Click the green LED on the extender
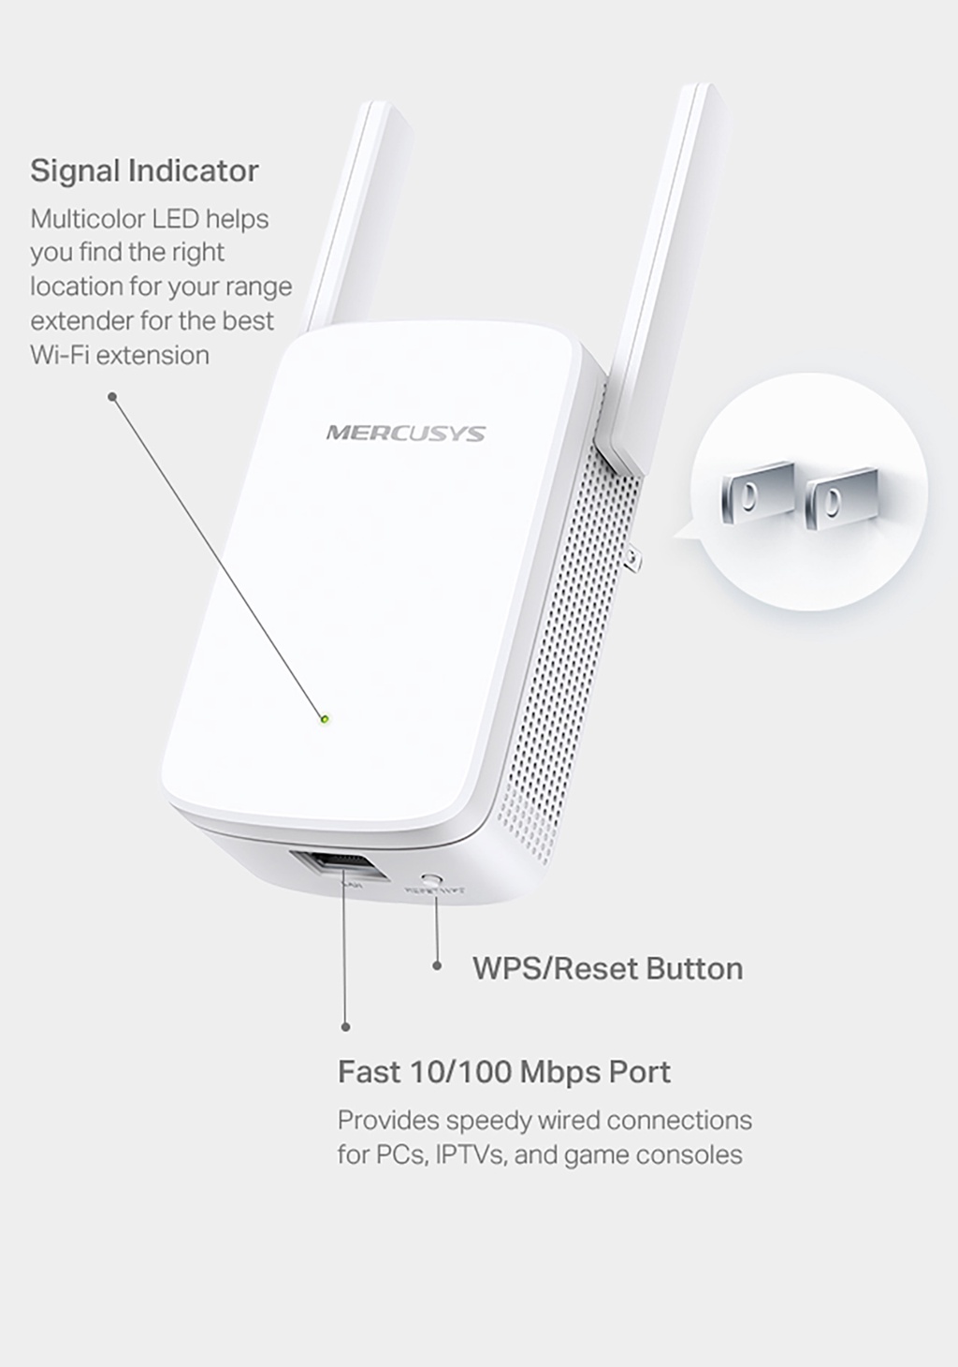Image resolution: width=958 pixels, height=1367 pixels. pos(325,719)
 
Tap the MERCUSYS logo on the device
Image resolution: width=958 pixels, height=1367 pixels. pos(405,433)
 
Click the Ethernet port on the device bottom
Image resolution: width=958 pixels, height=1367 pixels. pos(339,867)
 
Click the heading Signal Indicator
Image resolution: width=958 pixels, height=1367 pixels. pos(144,170)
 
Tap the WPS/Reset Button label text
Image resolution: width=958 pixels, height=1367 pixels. pos(607,968)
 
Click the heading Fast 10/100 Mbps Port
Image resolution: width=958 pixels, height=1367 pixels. pos(503,1071)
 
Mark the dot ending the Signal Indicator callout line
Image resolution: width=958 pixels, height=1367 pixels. pos(112,397)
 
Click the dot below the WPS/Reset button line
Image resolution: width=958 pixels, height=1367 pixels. pos(437,965)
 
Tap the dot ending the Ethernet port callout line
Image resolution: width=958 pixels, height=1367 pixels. pos(346,1027)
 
